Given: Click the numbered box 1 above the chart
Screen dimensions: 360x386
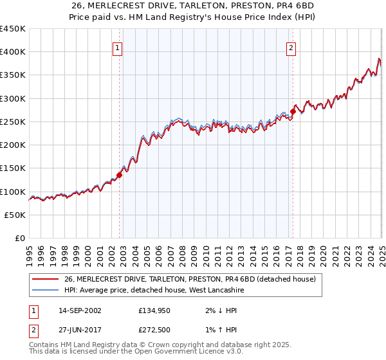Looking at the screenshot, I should coord(118,47).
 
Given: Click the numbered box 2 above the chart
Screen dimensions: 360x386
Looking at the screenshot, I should coord(291,47).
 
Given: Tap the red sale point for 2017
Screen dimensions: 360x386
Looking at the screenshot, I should coord(293,111).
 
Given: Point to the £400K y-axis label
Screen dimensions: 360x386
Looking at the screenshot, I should coord(13,52).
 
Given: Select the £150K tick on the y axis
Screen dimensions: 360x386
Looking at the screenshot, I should coord(13,168).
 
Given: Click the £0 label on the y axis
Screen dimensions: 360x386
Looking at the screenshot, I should coord(20,239).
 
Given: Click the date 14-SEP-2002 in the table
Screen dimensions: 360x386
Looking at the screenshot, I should coord(79,310).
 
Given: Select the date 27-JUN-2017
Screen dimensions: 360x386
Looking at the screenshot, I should coord(79,330).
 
